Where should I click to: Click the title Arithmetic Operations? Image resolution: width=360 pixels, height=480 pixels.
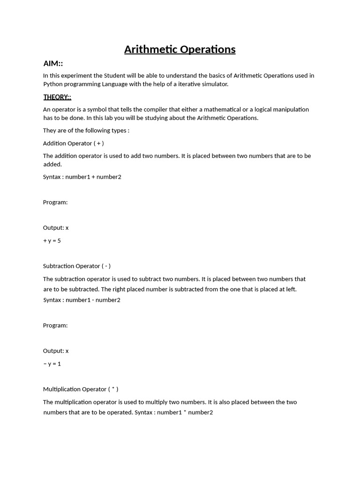pos(180,49)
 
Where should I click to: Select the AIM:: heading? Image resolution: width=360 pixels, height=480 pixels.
pos(53,63)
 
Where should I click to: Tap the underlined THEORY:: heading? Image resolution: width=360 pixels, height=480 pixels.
pos(57,97)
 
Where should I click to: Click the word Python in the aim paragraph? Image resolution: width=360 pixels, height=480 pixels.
pos(53,84)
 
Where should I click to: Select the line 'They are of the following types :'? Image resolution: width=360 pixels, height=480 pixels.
pos(86,130)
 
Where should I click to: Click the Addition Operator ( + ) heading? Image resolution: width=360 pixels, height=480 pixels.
pos(74,143)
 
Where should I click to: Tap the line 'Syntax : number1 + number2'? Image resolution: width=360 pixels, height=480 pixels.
pos(82,177)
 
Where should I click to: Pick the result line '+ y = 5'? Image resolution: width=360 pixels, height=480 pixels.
pos(52,240)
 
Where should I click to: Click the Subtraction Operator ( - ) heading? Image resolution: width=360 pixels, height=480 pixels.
pos(77,266)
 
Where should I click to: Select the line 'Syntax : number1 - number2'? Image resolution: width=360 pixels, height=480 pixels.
pos(82,300)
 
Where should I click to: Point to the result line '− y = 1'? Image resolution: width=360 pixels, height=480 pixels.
pos(52,363)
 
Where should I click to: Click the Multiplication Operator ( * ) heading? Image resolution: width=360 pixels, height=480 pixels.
pos(81,389)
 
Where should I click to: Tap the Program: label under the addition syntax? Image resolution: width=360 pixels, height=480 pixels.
pos(55,202)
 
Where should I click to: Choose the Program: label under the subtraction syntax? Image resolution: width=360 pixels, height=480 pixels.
pos(55,325)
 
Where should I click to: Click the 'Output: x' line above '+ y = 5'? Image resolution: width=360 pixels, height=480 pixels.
pos(56,227)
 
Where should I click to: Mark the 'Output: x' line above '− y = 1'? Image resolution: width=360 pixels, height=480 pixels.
pos(56,351)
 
